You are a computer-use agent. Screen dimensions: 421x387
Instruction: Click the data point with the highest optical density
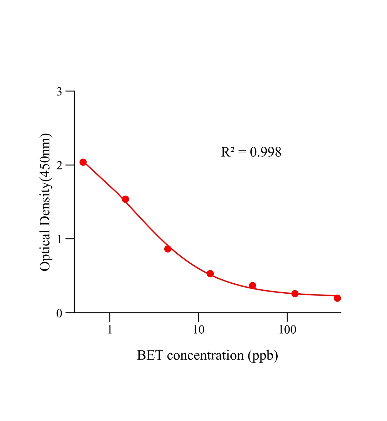(83, 162)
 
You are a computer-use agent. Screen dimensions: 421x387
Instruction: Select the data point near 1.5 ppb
(125, 199)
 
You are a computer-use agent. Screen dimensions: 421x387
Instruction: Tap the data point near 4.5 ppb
(168, 249)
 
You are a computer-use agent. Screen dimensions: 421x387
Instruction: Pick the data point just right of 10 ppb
(210, 274)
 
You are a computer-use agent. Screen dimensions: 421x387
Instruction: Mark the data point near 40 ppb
(252, 285)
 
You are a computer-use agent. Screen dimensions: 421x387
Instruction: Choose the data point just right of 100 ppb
(295, 294)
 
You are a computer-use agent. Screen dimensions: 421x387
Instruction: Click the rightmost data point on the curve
(337, 298)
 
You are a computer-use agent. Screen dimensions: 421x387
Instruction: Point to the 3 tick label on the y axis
(59, 92)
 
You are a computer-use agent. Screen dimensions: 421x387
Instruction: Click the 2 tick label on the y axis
(59, 166)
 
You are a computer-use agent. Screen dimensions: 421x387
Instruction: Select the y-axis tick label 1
(59, 239)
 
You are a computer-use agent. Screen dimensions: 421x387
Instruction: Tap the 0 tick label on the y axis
(59, 313)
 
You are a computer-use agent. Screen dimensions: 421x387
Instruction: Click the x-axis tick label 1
(110, 329)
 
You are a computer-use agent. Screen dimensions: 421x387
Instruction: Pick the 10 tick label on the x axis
(198, 329)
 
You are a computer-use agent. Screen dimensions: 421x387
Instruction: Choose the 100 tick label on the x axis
(287, 329)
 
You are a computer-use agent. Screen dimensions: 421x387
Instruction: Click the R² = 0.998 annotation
(251, 152)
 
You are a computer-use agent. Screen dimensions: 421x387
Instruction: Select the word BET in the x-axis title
(150, 355)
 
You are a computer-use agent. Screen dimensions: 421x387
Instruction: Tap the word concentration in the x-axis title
(205, 355)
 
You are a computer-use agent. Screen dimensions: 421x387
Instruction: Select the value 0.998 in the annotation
(266, 152)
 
